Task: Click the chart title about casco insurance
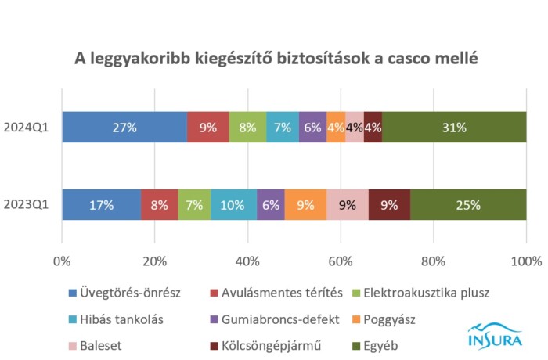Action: coord(275,58)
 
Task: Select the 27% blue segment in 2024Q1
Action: coord(124,127)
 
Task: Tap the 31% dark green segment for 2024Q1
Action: coord(454,127)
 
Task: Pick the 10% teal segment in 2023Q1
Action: coord(233,205)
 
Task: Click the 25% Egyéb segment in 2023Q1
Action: coord(468,205)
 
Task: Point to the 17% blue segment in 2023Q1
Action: coord(101,205)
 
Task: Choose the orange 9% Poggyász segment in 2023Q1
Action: coord(305,205)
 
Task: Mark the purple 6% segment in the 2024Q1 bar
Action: coord(312,127)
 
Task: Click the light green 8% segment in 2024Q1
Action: coord(247,127)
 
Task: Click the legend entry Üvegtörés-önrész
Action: coord(130,293)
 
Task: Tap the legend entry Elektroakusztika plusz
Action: coord(434,293)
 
